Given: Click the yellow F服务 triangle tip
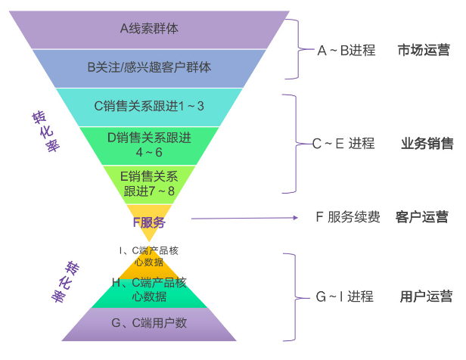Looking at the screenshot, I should point(149,222).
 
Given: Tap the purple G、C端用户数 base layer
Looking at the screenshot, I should point(149,324).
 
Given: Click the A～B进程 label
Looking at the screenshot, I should point(346,51).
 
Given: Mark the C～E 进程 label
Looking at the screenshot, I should point(343,144).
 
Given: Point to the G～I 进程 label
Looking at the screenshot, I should point(344,296).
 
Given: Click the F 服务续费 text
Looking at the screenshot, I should point(348,217).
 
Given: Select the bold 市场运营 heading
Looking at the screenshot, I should point(424,51).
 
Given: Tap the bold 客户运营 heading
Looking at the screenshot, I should point(421,217).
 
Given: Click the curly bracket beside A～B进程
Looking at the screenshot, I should point(306,51).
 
